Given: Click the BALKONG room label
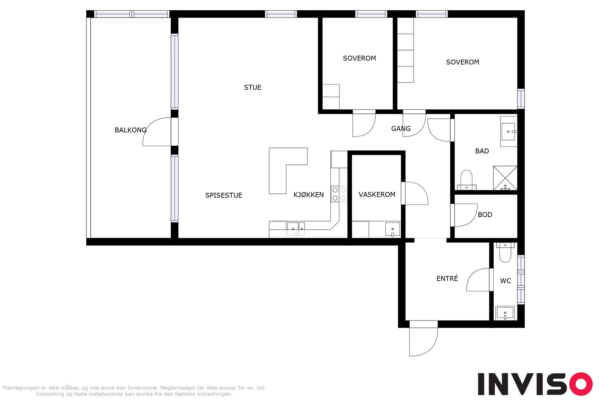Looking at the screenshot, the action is tap(130, 130).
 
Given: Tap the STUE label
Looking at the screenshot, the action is tap(252, 88).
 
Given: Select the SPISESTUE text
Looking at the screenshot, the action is tap(224, 195).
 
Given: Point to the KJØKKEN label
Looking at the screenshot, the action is tap(309, 195).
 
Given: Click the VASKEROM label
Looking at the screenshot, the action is tap(377, 195).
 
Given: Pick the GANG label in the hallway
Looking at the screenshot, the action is tap(401, 128).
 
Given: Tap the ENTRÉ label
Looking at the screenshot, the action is tap(447, 278).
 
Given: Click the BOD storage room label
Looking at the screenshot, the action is tap(485, 215).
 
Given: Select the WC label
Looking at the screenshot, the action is tap(505, 281).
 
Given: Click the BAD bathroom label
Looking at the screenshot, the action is tap(482, 151).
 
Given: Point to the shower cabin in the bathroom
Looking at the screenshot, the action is tap(505, 178).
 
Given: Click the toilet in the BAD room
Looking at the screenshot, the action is tap(466, 180).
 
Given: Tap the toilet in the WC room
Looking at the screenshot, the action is tap(505, 252).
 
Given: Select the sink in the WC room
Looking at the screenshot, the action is tap(505, 313).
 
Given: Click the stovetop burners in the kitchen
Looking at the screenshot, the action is tap(339, 194).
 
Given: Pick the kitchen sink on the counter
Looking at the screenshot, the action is tap(296, 229).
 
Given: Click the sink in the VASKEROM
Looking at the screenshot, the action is tap(393, 229).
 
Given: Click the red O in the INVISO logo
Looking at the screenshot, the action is tap(581, 384).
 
